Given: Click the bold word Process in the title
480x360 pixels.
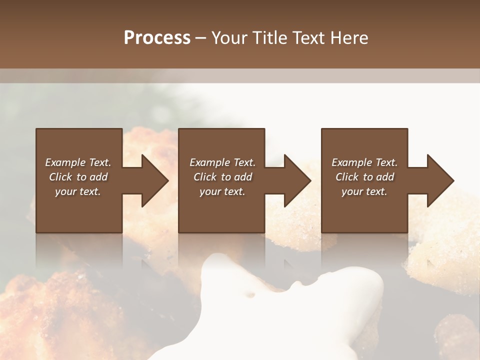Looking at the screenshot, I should [x=157, y=38].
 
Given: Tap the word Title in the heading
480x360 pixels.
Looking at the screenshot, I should [x=269, y=38].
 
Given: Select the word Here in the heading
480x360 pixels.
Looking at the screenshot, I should [x=349, y=38].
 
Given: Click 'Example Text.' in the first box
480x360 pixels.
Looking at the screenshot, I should [x=78, y=162].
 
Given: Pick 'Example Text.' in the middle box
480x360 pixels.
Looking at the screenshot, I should [x=222, y=162].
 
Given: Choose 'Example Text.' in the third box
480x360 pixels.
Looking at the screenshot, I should [x=364, y=162].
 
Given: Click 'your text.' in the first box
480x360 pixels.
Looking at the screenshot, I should [x=78, y=191].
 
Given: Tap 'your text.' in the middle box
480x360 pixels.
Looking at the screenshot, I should [x=222, y=191].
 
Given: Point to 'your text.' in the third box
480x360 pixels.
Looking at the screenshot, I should [x=364, y=191].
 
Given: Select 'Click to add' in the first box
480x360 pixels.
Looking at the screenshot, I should [x=78, y=177].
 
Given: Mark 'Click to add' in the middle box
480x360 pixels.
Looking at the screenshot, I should [x=222, y=177].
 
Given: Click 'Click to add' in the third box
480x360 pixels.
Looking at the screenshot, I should [x=364, y=177].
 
